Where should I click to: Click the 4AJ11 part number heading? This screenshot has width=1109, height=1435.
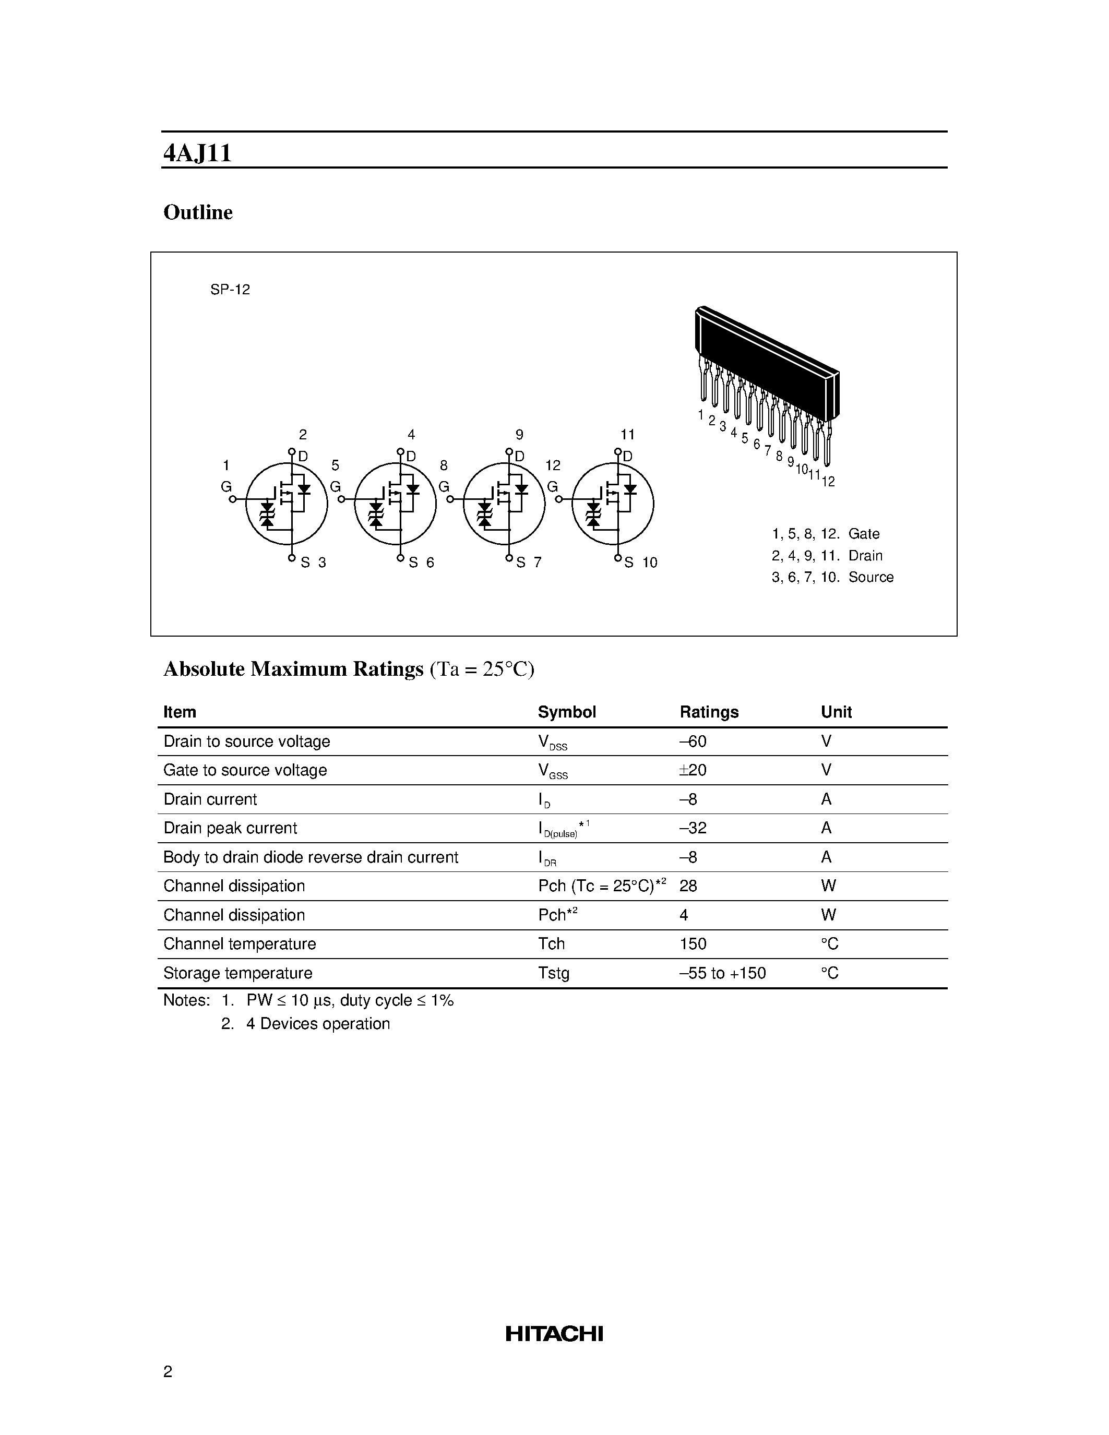(x=197, y=153)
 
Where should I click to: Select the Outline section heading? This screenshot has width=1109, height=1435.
(x=198, y=212)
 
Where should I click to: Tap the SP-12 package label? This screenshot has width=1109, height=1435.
(x=230, y=290)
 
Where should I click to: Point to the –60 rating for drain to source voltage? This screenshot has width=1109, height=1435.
(x=693, y=741)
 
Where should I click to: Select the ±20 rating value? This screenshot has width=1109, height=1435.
(x=693, y=770)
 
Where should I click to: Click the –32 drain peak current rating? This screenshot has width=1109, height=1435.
(x=693, y=828)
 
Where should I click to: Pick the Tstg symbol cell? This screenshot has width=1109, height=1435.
(x=553, y=973)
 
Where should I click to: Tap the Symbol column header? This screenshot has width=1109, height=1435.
(x=566, y=712)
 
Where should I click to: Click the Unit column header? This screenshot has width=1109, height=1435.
(x=836, y=712)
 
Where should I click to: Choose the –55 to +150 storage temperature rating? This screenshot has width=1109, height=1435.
(x=723, y=973)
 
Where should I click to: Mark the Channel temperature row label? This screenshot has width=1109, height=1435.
(x=240, y=944)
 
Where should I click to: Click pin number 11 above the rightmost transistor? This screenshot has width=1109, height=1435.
(x=627, y=434)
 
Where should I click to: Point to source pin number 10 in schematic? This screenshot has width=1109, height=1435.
(x=650, y=563)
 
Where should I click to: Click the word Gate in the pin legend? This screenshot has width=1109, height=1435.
(x=863, y=533)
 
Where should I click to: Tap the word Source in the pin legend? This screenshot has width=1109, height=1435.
(x=870, y=577)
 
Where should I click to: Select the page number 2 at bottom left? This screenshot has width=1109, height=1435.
(x=168, y=1371)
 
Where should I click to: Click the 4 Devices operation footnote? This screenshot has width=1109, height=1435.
(x=318, y=1024)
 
